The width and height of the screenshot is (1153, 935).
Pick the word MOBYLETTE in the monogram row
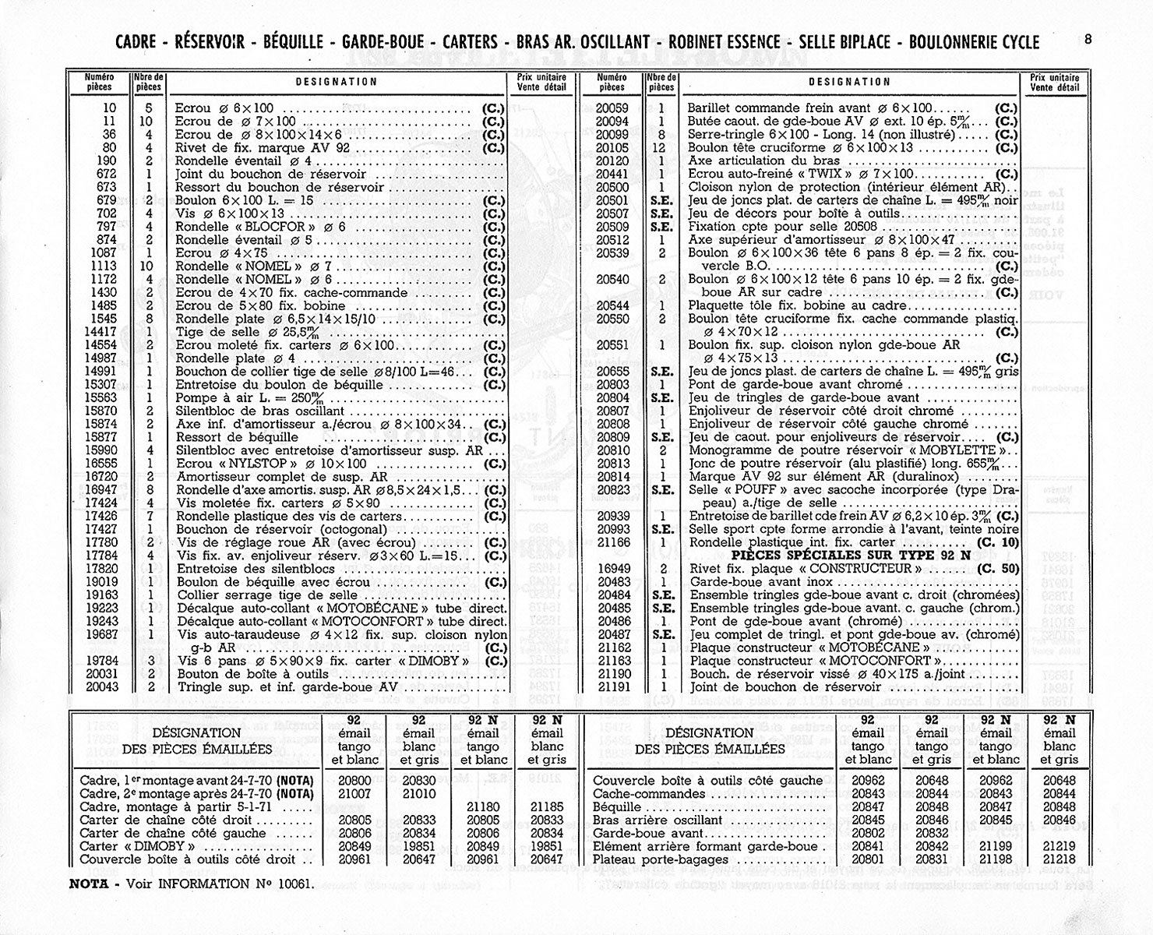pyautogui.click(x=957, y=450)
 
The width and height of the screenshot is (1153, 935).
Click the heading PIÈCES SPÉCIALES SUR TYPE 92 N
pyautogui.click(x=852, y=555)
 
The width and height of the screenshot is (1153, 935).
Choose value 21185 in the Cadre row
pyautogui.click(x=546, y=807)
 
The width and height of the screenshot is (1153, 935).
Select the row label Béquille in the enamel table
pyautogui.click(x=617, y=807)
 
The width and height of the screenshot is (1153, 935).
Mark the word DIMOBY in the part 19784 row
pyautogui.click(x=450, y=661)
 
